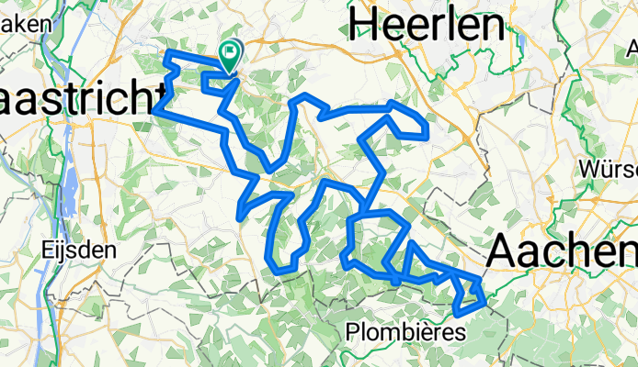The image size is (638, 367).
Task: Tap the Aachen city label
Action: tap(563, 249)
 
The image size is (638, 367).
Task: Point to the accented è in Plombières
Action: tap(431, 333)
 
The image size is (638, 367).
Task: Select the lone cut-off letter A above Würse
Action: tap(631, 45)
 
